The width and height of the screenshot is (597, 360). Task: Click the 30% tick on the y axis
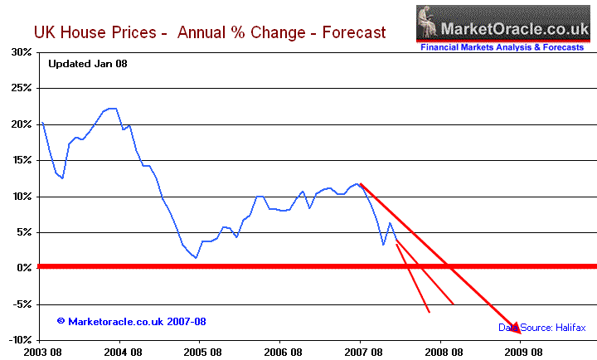21,51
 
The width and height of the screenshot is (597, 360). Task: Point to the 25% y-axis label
21,88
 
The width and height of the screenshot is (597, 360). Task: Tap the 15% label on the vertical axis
21,160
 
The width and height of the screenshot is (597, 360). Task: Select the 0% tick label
24,268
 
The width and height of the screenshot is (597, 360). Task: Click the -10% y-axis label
18,340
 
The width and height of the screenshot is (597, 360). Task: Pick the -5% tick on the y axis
21,304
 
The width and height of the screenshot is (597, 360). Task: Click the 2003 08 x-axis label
41,352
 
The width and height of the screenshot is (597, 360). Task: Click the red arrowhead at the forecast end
516,328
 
